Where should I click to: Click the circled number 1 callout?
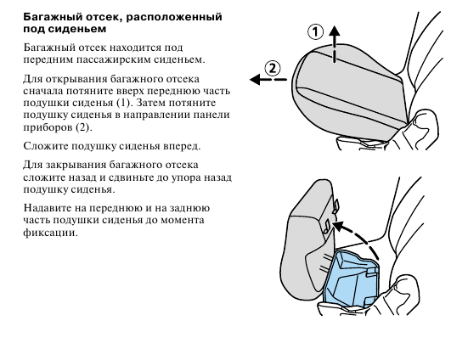pyautogui.click(x=315, y=32)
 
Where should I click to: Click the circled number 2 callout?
pyautogui.click(x=273, y=68)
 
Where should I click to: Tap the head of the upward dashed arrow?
pyautogui.click(x=335, y=31)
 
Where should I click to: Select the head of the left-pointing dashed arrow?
pyautogui.click(x=255, y=80)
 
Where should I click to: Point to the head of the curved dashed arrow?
pyautogui.click(x=338, y=226)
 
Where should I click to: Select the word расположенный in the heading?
pyautogui.click(x=174, y=17)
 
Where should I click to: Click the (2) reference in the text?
pyautogui.click(x=84, y=127)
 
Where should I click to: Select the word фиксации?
pyautogui.click(x=50, y=233)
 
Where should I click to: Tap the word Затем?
pyautogui.click(x=150, y=103)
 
